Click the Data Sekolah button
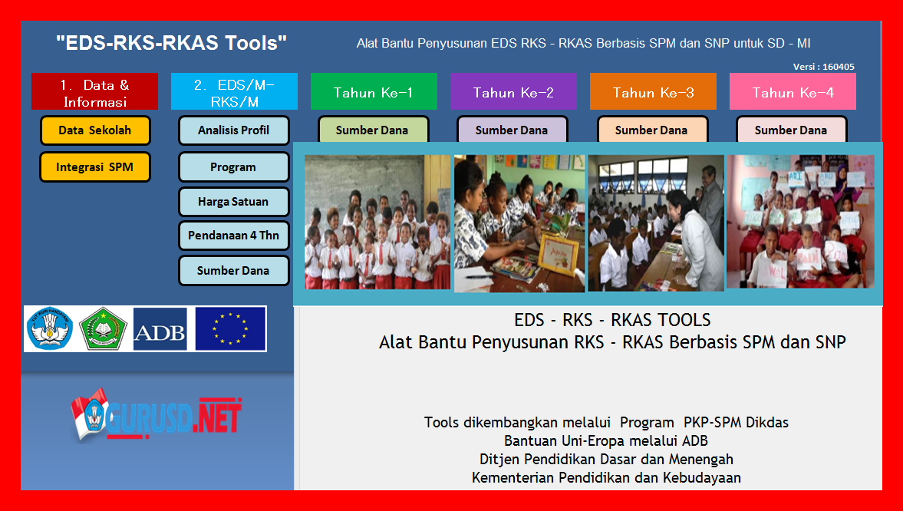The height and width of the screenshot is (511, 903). coord(95,130)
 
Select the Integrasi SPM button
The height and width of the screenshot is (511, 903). coord(95,167)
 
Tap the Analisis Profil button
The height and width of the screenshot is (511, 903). coord(234,130)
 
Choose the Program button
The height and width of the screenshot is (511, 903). coord(234,167)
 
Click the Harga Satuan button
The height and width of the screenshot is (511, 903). coord(234,202)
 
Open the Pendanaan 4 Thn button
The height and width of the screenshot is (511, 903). coord(234,236)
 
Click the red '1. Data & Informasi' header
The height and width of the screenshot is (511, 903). coord(95,91)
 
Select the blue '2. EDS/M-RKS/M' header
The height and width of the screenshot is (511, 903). coord(235,91)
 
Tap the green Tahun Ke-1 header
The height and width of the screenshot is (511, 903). coord(374,91)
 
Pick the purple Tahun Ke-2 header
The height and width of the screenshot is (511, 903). coord(514,91)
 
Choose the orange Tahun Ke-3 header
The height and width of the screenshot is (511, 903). coord(653,91)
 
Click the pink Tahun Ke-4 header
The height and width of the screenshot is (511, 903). coord(793,91)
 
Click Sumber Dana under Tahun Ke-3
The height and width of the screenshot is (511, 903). coord(651,130)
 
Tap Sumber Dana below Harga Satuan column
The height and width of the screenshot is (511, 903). coord(234,271)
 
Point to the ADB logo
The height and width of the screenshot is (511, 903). coord(160,329)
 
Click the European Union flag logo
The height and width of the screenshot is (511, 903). coord(230,329)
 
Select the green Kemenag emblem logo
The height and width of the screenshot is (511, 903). coord(103,329)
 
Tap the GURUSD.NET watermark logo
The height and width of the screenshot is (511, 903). coord(156,415)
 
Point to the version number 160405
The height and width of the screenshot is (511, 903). coord(839,67)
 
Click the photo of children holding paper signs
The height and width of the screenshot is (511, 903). coord(800,222)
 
